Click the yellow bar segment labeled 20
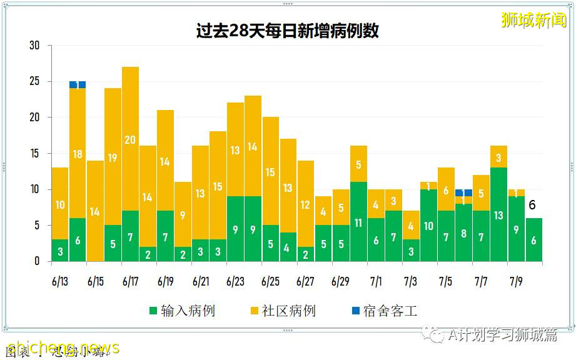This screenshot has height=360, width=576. (x=130, y=139)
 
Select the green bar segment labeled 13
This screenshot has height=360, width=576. (x=498, y=214)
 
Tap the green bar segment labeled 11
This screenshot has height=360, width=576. (x=358, y=222)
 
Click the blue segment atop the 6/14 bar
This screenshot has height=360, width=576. (x=78, y=84)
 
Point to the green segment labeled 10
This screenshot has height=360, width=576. (x=428, y=226)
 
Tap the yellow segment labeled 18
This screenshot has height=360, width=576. (x=78, y=153)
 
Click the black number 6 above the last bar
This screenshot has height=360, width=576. (x=532, y=205)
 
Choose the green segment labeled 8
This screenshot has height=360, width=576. (x=463, y=232)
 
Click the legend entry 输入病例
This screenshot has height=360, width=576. (x=181, y=311)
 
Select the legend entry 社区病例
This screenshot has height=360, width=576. (x=283, y=311)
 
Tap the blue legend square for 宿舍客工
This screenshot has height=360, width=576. (x=355, y=311)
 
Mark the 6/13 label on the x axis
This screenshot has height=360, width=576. (x=60, y=282)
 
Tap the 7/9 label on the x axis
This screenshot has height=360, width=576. (x=516, y=282)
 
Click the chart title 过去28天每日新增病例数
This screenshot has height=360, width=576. (x=287, y=31)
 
